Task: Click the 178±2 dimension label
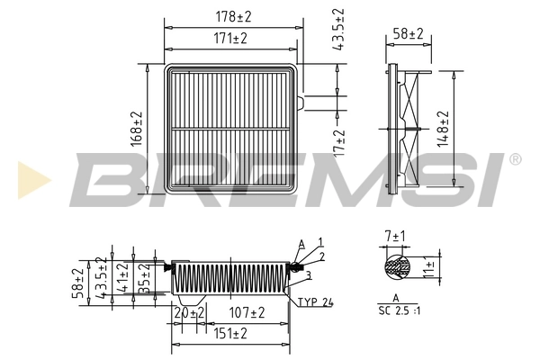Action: pyautogui.click(x=231, y=16)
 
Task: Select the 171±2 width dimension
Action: pyautogui.click(x=231, y=39)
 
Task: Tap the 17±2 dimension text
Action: pyautogui.click(x=339, y=141)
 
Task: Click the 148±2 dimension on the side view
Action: pyautogui.click(x=442, y=128)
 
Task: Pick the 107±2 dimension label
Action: pyautogui.click(x=245, y=312)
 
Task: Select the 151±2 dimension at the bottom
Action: pyautogui.click(x=231, y=333)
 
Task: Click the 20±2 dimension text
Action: pyautogui.click(x=189, y=312)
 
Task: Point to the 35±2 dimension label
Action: pyautogui.click(x=144, y=277)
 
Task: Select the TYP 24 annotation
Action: pyautogui.click(x=315, y=302)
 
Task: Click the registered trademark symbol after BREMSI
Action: pyautogui.click(x=514, y=159)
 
